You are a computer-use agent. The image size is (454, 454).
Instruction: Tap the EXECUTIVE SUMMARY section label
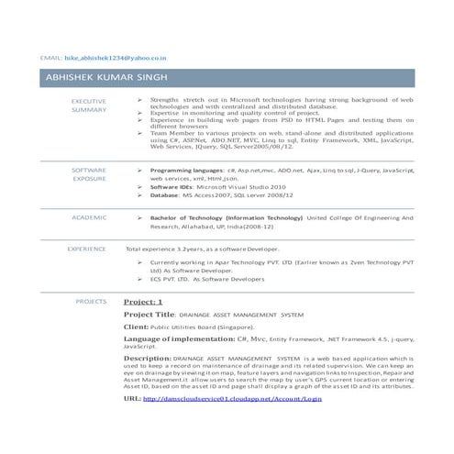[88, 105]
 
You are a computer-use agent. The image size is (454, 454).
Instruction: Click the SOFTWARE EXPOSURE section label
[88, 175]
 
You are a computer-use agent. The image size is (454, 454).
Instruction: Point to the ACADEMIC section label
[88, 218]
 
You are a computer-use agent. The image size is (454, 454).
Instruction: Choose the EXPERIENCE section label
[86, 249]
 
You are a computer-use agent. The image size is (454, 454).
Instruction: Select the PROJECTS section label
[91, 301]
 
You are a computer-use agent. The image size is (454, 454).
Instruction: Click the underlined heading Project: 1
[143, 302]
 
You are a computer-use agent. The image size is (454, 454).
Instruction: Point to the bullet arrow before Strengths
[138, 97]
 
